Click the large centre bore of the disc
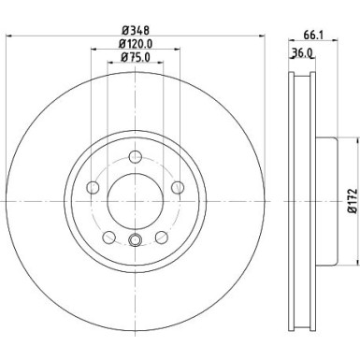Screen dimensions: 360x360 135,197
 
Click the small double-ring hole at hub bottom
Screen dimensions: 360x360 135,239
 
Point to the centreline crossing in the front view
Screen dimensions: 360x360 135,197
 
